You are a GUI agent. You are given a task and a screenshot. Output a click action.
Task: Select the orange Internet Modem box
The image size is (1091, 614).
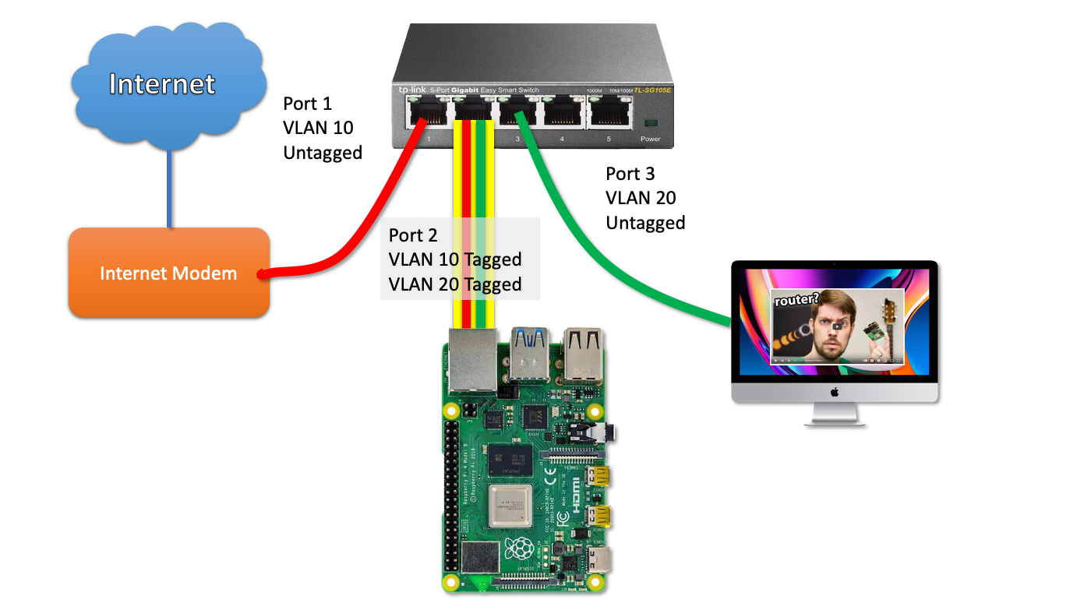pyautogui.click(x=168, y=273)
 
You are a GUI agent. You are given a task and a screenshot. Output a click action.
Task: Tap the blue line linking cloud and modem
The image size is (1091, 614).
pyautogui.click(x=168, y=187)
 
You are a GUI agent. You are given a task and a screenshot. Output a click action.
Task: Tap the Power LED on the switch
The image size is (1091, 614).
pyautogui.click(x=650, y=124)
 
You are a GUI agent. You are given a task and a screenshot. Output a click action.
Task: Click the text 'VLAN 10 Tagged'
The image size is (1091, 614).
pyautogui.click(x=455, y=259)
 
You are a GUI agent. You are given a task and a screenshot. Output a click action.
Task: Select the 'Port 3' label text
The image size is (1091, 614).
pyautogui.click(x=630, y=174)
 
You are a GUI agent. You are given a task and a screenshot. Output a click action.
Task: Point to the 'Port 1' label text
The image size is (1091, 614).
pyautogui.click(x=307, y=104)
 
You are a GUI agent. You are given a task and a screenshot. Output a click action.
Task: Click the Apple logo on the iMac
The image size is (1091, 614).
pyautogui.click(x=834, y=392)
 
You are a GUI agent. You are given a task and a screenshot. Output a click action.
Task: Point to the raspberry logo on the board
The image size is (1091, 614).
pyautogui.click(x=521, y=549)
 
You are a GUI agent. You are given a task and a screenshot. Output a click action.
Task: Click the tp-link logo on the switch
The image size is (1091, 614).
pyautogui.click(x=412, y=90)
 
